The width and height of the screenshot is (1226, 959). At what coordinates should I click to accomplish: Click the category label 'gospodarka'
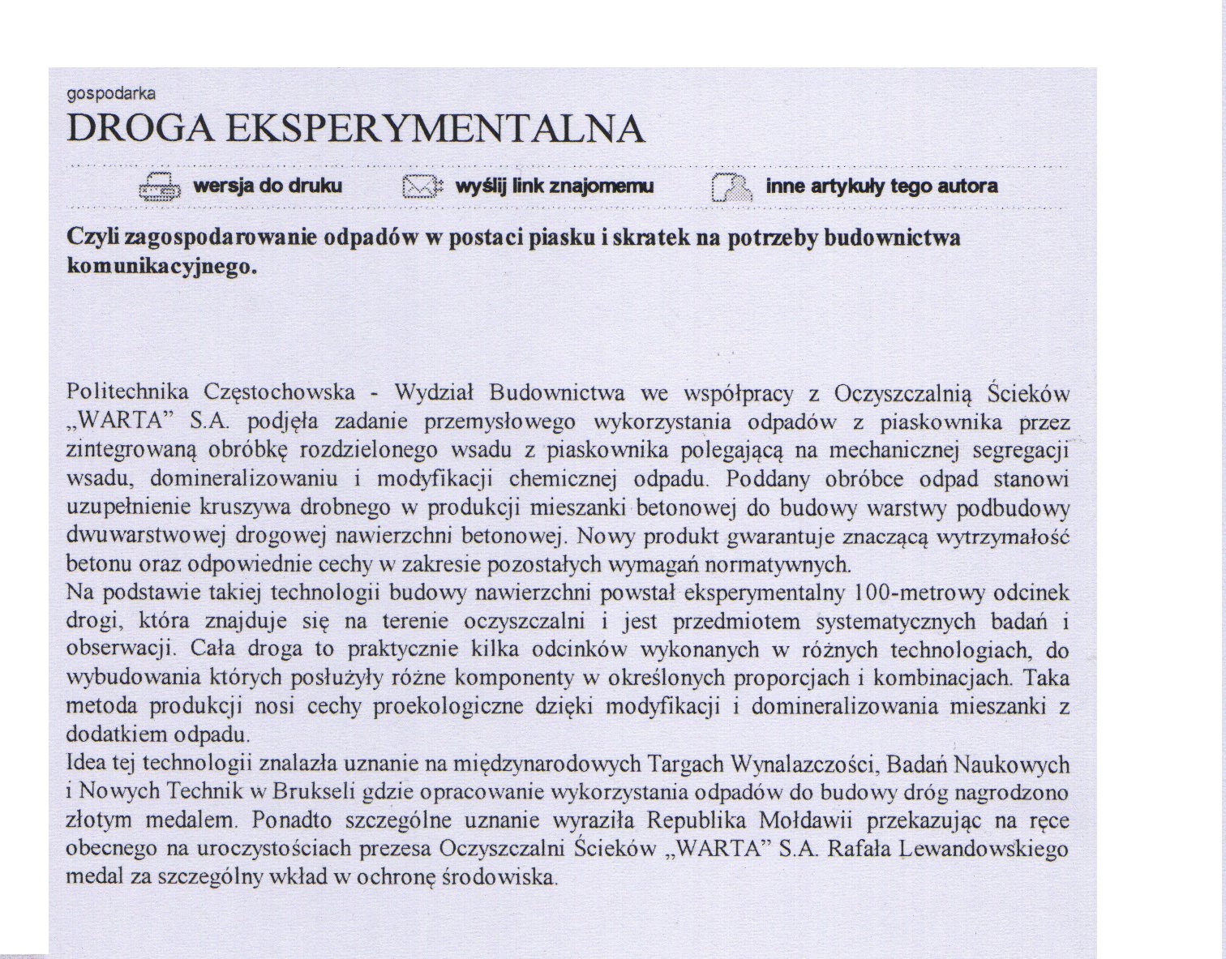tap(110, 94)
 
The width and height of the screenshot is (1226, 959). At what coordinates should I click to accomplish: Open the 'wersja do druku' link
tap(268, 186)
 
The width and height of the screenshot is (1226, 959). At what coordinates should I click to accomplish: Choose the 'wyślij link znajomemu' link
tap(555, 186)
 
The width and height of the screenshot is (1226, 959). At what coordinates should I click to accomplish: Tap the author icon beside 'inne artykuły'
tap(731, 187)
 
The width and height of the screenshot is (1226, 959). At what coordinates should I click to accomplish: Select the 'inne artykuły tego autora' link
tap(881, 186)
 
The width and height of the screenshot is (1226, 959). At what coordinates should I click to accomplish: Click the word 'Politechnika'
tap(127, 393)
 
